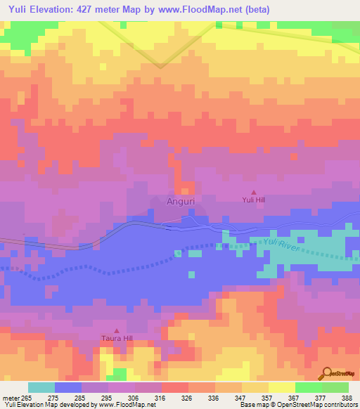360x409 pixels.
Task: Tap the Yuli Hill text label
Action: pos(254,199)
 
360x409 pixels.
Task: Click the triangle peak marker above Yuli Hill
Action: pos(254,191)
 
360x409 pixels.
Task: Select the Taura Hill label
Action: pos(117,338)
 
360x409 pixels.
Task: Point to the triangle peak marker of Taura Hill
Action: pos(117,330)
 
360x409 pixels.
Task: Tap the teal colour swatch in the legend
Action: pos(41,387)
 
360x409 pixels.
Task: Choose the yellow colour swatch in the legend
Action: pos(281,387)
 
